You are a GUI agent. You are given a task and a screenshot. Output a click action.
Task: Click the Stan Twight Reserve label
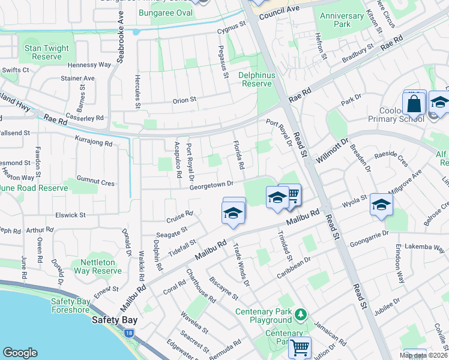pos(47,52)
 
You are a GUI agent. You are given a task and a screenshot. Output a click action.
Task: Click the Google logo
pos(20,353)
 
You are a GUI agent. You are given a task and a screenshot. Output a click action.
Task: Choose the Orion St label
pos(184,100)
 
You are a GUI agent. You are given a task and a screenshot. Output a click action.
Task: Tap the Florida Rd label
pos(238,155)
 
